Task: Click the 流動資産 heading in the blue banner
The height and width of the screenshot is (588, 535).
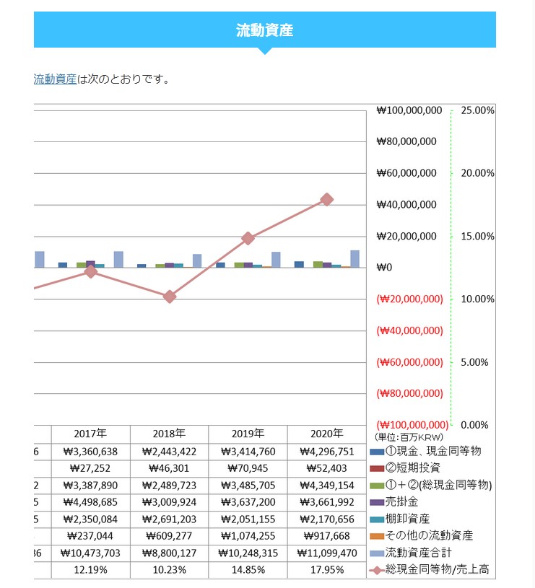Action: click(x=264, y=30)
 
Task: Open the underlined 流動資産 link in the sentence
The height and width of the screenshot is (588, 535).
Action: click(x=55, y=79)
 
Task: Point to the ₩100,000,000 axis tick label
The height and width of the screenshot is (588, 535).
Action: click(x=408, y=110)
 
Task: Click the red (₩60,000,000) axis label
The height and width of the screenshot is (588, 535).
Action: click(x=408, y=362)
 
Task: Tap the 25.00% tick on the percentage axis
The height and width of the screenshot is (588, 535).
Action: click(x=477, y=110)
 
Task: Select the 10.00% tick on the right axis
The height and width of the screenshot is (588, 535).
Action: click(x=477, y=299)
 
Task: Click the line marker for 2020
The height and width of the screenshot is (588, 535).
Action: click(x=326, y=199)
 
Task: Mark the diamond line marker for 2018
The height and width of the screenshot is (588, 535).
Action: click(x=170, y=297)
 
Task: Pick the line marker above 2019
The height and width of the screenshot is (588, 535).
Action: click(x=248, y=238)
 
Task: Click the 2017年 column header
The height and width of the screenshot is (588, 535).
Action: click(x=90, y=434)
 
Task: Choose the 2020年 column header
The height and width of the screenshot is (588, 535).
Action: click(x=326, y=434)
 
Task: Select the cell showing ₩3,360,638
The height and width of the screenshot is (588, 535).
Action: click(x=90, y=452)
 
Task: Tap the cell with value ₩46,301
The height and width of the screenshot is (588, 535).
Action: click(x=170, y=468)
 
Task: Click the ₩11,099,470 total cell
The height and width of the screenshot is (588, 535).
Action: click(x=326, y=553)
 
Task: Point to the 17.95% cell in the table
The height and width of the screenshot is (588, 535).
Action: click(x=326, y=569)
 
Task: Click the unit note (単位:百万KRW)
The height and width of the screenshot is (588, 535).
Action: click(x=409, y=437)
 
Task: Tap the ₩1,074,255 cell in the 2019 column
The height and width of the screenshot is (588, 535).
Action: click(x=248, y=536)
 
